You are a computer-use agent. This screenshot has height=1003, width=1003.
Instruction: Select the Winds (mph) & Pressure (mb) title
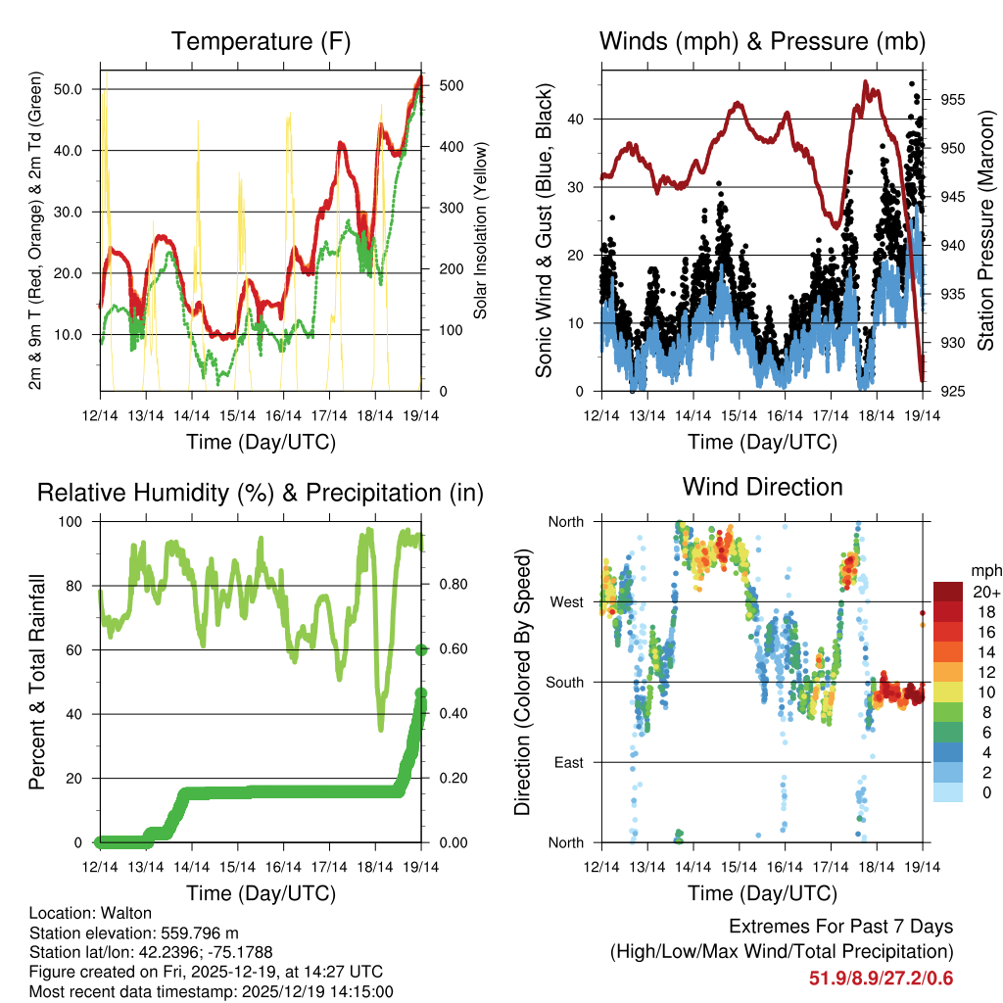(x=762, y=42)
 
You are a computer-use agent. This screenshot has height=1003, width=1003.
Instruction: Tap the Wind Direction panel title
(x=762, y=487)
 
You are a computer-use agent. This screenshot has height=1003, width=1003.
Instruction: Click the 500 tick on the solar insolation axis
(x=452, y=86)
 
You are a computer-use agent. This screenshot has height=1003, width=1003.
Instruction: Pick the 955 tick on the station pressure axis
(x=953, y=100)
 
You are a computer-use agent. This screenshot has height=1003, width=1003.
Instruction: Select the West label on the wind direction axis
(x=566, y=601)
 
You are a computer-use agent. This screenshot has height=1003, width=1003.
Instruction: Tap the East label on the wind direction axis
(x=568, y=762)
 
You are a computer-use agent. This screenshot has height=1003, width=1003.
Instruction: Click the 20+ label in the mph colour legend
(x=985, y=592)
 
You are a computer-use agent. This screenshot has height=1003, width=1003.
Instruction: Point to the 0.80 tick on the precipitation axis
(x=451, y=586)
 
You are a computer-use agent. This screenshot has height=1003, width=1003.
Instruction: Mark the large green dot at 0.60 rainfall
(x=421, y=649)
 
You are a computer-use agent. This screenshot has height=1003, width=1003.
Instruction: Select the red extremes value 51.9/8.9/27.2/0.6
(x=881, y=979)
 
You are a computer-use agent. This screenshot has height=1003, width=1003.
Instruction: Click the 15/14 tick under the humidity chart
(x=237, y=868)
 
